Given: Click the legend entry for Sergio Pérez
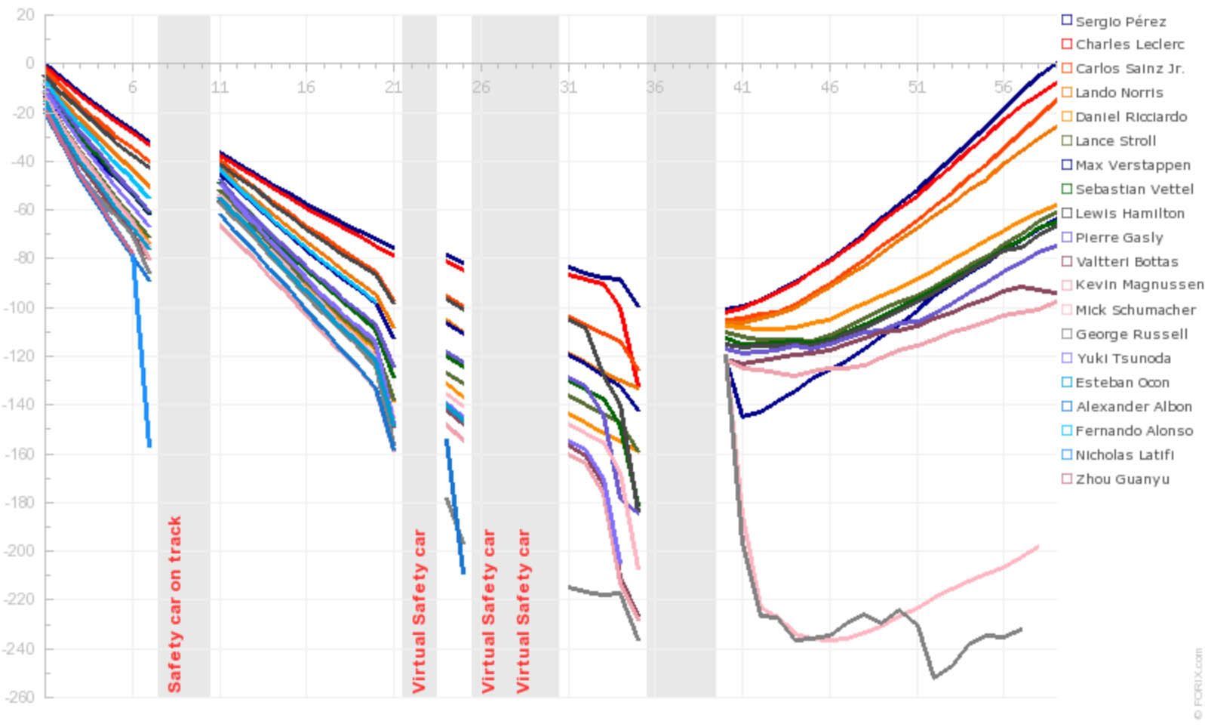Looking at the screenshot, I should tap(1120, 21).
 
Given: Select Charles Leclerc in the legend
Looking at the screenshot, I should tap(1129, 45).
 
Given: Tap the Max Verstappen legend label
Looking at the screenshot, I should tap(1132, 165).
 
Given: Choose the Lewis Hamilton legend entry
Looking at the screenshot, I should tap(1129, 214).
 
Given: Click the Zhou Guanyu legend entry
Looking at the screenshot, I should tap(1121, 479).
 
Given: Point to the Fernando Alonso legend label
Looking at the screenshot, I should tap(1133, 431).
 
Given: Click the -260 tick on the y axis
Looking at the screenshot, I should tap(20, 697).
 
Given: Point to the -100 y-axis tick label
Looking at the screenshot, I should tap(20, 307).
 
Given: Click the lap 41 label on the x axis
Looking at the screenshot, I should tap(742, 88).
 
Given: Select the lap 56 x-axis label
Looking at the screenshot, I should tap(1003, 88).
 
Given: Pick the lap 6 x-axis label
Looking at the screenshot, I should tap(133, 88).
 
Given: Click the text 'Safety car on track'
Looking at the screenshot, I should tap(175, 604).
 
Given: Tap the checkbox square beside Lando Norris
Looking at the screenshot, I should tap(1067, 93).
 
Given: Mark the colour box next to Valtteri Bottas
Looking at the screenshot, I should tap(1067, 262).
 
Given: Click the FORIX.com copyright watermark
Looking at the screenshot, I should tap(1197, 683).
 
